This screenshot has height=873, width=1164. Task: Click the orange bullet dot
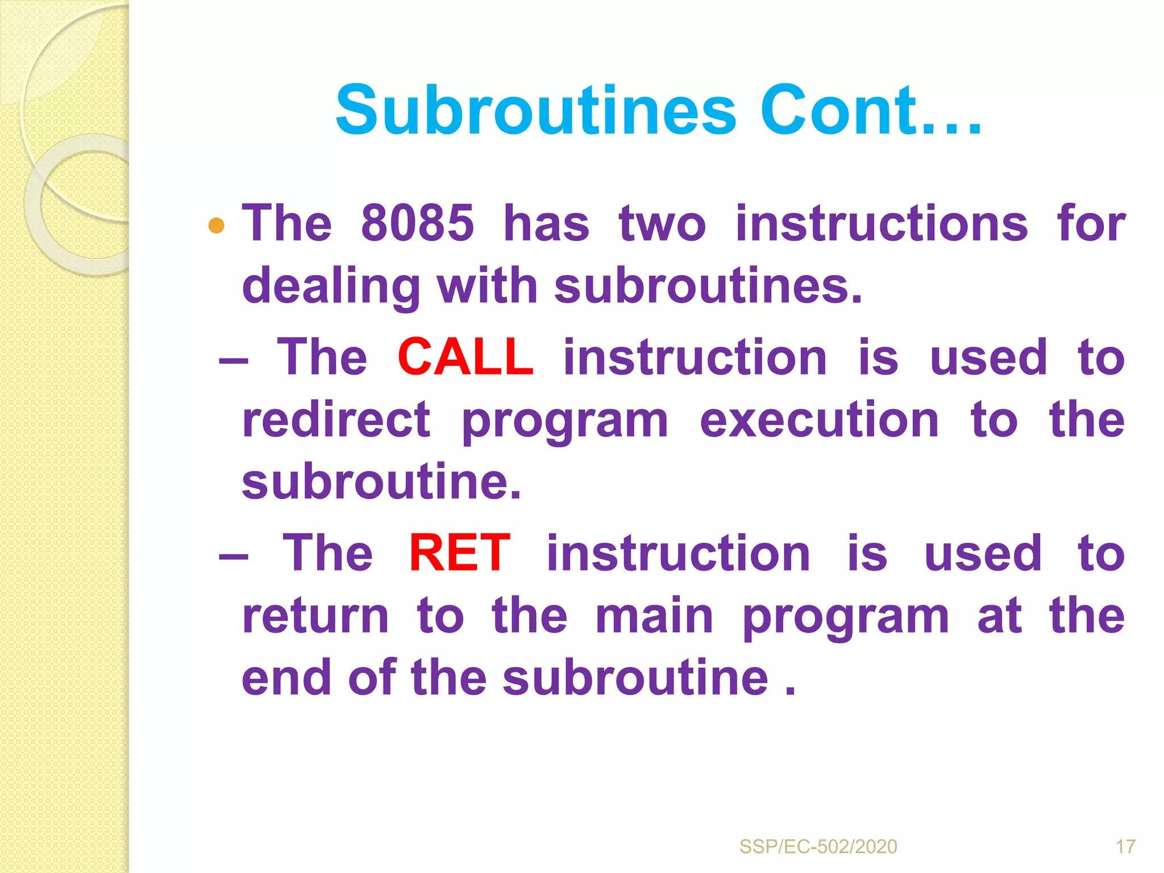point(217,226)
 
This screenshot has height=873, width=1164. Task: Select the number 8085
point(417,223)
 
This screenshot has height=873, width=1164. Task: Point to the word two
point(662,223)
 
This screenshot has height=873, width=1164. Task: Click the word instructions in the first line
point(882,223)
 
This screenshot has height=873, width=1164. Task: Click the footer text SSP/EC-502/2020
point(818,847)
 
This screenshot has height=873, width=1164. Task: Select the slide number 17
point(1125,847)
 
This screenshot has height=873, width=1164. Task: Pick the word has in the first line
point(546,223)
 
